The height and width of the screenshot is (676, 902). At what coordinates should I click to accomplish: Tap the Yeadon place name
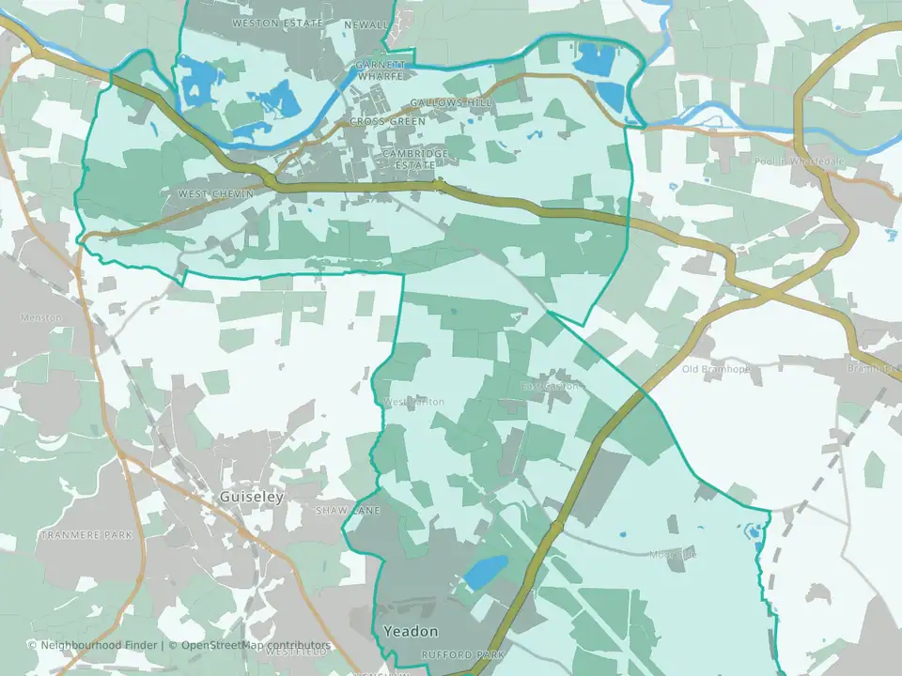pyautogui.click(x=411, y=632)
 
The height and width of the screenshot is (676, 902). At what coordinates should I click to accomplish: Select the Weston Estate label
pyautogui.click(x=277, y=23)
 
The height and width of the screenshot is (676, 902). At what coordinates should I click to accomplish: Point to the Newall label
pyautogui.click(x=366, y=23)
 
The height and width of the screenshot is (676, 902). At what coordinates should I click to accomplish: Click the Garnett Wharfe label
pyautogui.click(x=381, y=69)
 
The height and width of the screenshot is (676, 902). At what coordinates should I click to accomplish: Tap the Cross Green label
pyautogui.click(x=388, y=121)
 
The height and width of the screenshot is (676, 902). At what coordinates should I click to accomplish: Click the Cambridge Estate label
pyautogui.click(x=415, y=159)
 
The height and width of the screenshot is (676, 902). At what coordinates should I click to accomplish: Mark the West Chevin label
pyautogui.click(x=215, y=193)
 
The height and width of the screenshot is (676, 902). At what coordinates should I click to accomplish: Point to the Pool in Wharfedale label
pyautogui.click(x=799, y=161)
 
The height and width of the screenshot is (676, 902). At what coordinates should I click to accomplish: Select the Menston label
pyautogui.click(x=41, y=317)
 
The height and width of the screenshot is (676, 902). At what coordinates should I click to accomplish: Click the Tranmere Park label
pyautogui.click(x=86, y=535)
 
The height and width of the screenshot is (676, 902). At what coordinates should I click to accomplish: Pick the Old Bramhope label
pyautogui.click(x=716, y=369)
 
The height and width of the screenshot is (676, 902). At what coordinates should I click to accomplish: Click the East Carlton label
pyautogui.click(x=551, y=386)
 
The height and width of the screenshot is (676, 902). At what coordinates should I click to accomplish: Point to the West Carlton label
pyautogui.click(x=413, y=402)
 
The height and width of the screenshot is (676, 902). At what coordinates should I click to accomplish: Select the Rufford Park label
pyautogui.click(x=463, y=654)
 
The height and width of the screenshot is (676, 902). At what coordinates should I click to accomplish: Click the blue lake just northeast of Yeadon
pyautogui.click(x=486, y=570)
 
